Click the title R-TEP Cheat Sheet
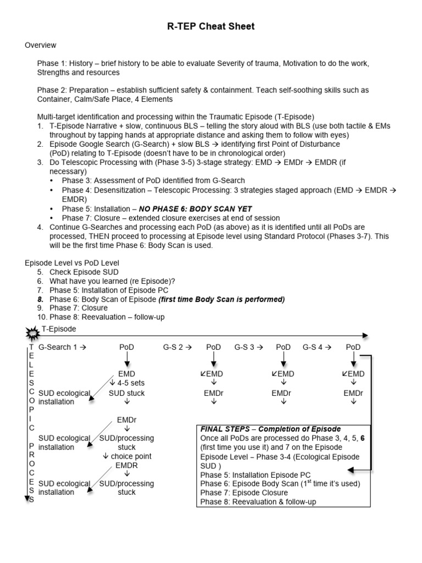[211, 26]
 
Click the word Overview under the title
[40, 45]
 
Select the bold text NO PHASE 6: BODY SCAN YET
[196, 209]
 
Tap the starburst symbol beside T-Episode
[32, 333]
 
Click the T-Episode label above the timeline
[59, 329]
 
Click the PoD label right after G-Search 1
[127, 347]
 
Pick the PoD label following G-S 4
[353, 347]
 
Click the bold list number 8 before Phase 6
[40, 299]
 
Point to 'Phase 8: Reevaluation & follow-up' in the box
[258, 501]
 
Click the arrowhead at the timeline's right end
[365, 335]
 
